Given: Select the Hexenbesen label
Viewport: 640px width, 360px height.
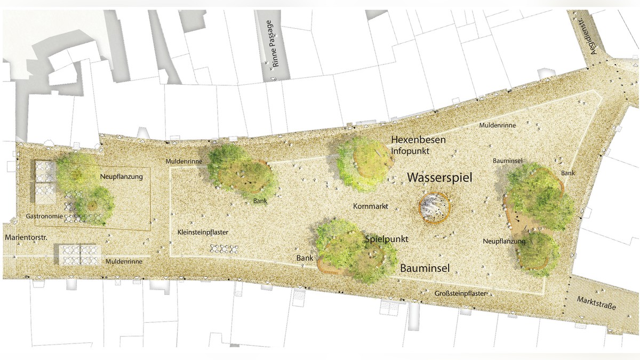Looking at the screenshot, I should [x=418, y=140].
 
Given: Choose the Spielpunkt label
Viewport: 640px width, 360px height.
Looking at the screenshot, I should [x=387, y=239].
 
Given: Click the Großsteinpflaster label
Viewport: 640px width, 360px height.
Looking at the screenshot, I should [x=460, y=293].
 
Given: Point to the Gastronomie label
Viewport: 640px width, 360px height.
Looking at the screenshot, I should [x=44, y=217].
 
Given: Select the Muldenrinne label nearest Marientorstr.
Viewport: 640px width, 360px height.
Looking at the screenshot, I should [x=123, y=262].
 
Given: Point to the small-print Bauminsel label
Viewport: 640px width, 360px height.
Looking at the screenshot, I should [x=507, y=160].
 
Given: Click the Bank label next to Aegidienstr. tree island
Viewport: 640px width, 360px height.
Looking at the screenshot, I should [x=568, y=173].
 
